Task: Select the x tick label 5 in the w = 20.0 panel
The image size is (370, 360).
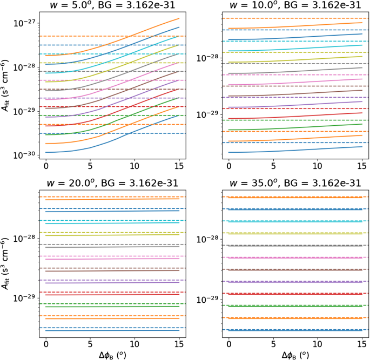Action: point(90,344)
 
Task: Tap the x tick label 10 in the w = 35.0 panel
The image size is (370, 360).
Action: point(318,344)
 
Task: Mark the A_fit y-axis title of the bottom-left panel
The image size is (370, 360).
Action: point(7,264)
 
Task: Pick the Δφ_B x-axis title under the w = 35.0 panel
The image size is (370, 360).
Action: point(294,355)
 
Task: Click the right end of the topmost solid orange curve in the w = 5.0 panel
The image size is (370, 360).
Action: point(179,19)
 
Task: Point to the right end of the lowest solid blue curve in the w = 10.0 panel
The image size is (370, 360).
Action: point(362,146)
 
